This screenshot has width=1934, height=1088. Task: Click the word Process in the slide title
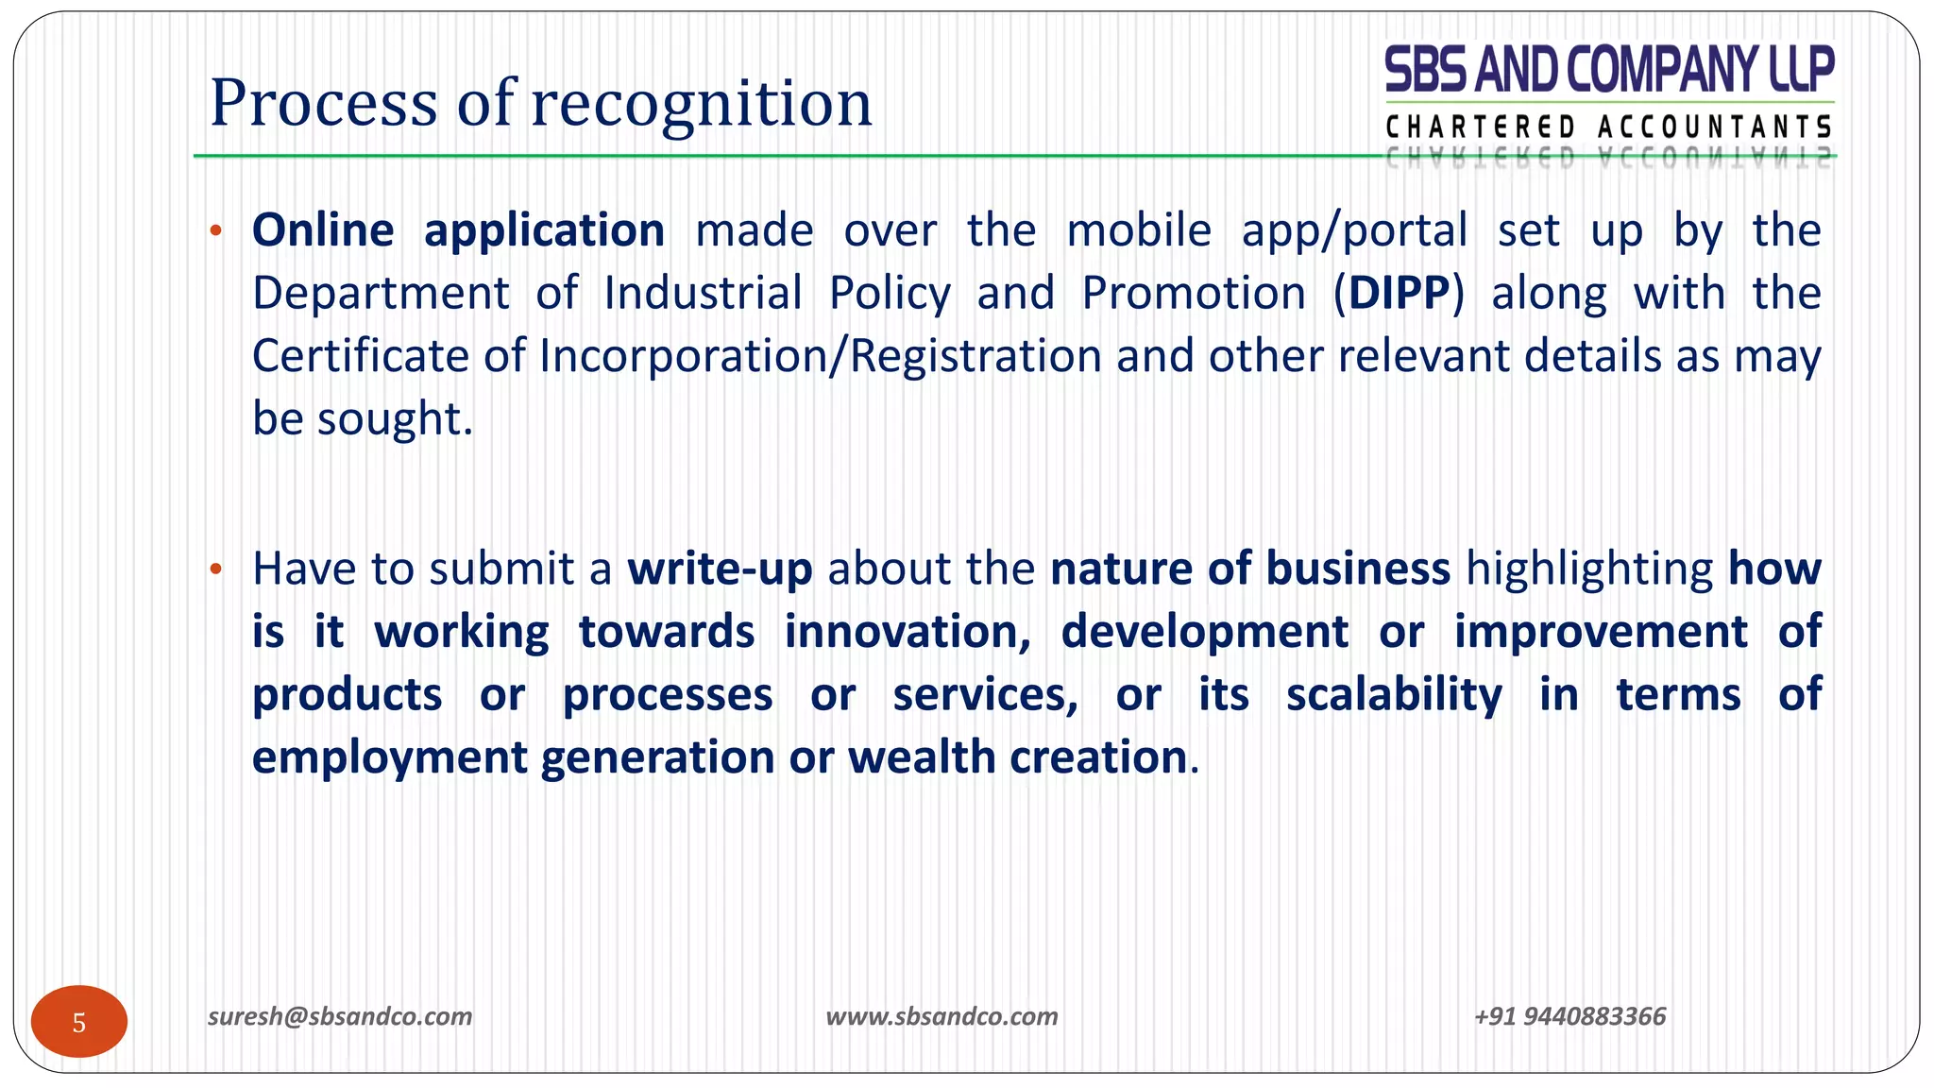coord(324,103)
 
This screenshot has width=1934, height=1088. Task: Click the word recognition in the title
coord(702,103)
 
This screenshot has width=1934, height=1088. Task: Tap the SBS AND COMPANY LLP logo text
coord(1609,70)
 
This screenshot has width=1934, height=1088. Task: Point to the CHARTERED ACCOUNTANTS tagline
coord(1609,127)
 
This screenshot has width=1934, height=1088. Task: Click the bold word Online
coord(323,230)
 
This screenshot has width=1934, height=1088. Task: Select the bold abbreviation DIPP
coord(1399,294)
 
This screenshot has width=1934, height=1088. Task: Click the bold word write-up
coord(720,569)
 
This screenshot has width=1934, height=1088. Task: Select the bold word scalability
coord(1394,695)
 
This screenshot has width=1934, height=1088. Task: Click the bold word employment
coord(389,757)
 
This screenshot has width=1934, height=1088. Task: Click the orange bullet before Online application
coord(216,230)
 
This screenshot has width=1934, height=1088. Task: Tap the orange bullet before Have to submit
coord(216,569)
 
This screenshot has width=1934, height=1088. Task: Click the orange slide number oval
coord(79,1022)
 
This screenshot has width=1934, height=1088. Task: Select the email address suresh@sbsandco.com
coord(340,1016)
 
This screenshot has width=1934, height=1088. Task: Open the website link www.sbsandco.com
coord(942,1016)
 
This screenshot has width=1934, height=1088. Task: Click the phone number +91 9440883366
coord(1569,1016)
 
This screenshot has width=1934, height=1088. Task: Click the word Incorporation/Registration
coord(821,357)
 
